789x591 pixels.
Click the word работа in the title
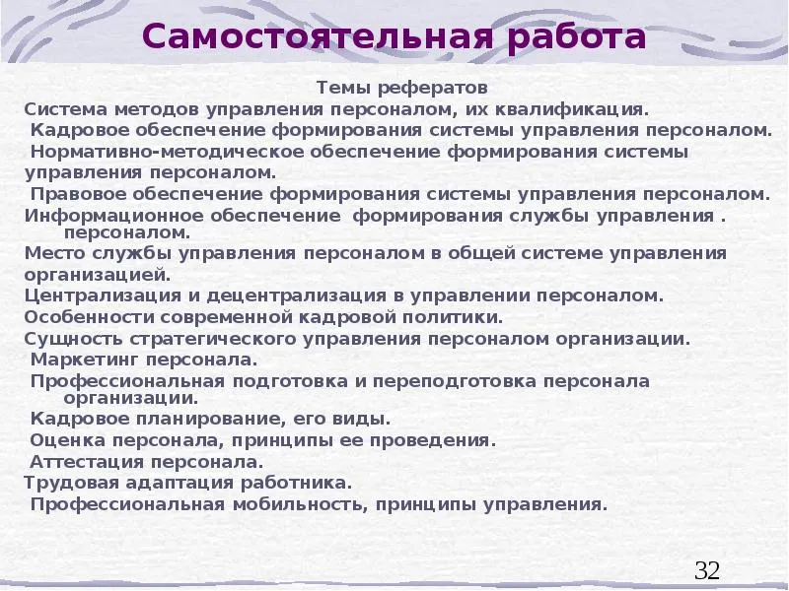click(x=576, y=37)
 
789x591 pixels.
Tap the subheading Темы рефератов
click(x=402, y=88)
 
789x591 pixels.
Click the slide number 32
click(x=707, y=570)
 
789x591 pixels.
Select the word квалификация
click(x=572, y=109)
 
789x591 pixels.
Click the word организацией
click(x=98, y=276)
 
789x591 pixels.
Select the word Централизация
click(x=103, y=295)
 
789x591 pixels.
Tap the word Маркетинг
click(x=85, y=361)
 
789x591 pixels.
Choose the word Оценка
click(x=67, y=440)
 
